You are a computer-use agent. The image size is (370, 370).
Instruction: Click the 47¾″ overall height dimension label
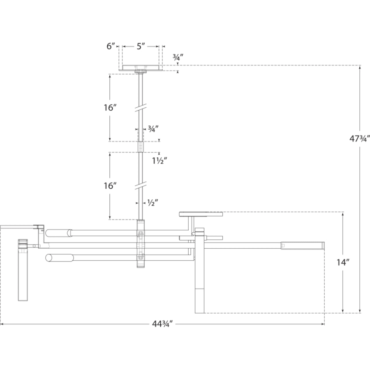[359, 139]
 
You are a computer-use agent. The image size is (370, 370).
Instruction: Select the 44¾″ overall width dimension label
[162, 324]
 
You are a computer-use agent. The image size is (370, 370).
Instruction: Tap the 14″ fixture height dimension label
[343, 262]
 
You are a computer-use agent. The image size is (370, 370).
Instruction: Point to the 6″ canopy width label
[111, 46]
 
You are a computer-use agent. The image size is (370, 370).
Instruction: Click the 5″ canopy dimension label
[141, 46]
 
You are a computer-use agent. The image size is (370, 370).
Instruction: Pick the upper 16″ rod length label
[111, 108]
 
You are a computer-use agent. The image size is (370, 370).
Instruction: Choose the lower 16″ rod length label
[111, 186]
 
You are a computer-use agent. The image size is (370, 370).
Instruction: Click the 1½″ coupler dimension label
[160, 161]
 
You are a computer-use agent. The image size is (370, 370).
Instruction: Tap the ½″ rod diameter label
[153, 202]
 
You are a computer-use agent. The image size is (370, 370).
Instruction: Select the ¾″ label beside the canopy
[178, 57]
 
